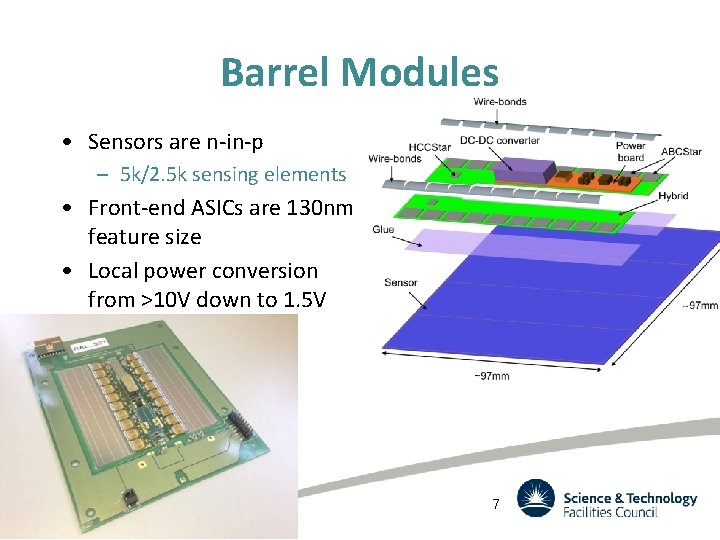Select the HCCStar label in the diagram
point(429,147)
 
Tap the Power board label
point(630,150)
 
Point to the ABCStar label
point(681,152)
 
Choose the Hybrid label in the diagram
point(673,196)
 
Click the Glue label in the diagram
point(383,229)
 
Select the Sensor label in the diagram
point(400,283)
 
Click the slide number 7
point(495,504)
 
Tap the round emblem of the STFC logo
point(535,498)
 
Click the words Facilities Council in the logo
point(610,512)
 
